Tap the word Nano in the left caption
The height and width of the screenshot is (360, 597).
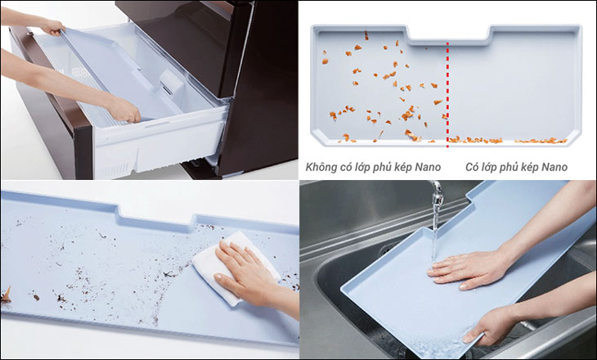425,168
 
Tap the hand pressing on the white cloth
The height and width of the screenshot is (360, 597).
245,278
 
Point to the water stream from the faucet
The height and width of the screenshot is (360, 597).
435,233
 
